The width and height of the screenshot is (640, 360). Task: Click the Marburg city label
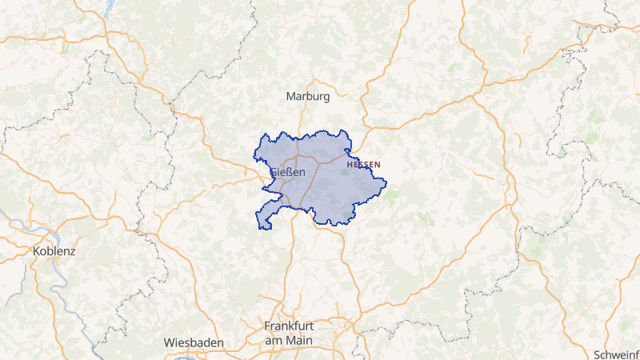308,97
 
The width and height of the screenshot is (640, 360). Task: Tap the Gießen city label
288,172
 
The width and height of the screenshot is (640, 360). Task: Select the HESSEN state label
364,164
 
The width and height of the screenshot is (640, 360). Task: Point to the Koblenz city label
54,250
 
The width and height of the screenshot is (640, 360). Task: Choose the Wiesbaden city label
194,342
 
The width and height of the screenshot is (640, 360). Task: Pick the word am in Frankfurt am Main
274,340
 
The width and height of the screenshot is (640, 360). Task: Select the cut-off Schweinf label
617,354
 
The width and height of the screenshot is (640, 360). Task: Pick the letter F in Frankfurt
268,326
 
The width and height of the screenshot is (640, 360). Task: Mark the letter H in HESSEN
350,164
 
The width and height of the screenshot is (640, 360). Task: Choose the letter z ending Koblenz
72,250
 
